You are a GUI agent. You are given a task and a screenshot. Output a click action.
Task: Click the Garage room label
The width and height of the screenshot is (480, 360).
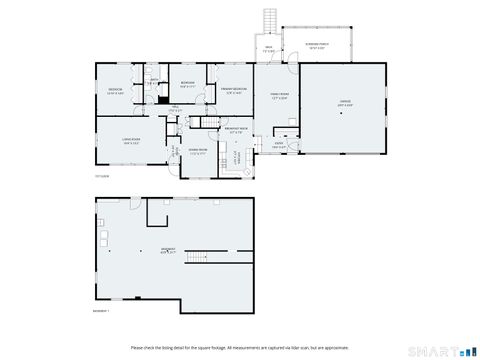344,104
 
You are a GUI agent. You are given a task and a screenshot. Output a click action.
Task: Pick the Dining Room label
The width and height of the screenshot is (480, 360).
198,153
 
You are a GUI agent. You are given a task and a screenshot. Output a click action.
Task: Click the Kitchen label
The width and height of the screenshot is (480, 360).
237,156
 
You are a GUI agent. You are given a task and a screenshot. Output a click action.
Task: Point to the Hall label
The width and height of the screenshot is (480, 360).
174,107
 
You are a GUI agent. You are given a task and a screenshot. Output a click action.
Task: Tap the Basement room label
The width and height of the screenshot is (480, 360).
167,250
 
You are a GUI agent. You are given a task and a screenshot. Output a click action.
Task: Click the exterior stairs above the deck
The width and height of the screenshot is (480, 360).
268,21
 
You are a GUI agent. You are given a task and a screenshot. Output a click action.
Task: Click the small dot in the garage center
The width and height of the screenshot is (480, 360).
344,114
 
